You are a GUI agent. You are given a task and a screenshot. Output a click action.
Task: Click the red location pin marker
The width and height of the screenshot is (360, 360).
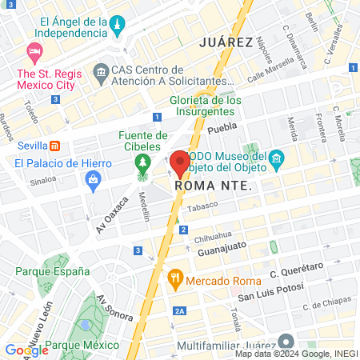(180, 162)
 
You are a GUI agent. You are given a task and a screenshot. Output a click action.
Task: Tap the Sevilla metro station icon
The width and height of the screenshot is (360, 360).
(54, 146)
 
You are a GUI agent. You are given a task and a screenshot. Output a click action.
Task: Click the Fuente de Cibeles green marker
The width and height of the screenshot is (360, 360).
(143, 165)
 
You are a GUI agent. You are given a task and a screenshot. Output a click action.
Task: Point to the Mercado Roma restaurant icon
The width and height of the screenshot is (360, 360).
(174, 281)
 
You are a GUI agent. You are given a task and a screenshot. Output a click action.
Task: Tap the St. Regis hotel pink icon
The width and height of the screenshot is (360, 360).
(34, 54)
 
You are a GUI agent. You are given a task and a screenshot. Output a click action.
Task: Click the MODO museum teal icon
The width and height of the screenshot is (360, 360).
(276, 158)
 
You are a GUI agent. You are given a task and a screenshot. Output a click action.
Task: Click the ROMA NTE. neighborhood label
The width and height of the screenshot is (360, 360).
(213, 186)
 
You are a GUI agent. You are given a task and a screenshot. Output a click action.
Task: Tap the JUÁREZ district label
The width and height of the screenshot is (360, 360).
(226, 42)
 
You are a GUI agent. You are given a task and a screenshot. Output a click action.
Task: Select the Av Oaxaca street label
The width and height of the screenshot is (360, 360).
(112, 210)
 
